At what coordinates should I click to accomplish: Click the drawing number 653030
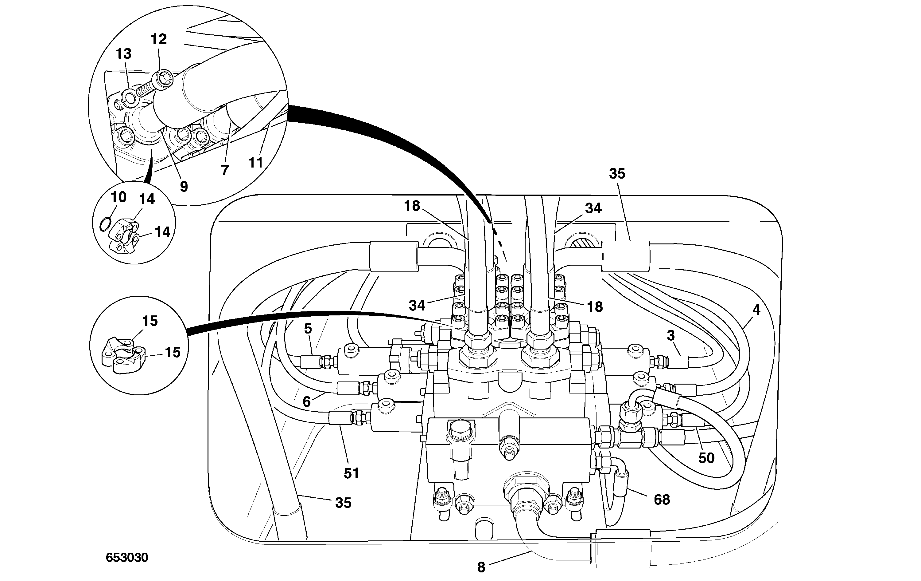127,558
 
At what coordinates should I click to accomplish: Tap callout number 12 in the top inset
159,39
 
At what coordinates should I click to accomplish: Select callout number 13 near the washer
123,54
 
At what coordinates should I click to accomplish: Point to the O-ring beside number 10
105,224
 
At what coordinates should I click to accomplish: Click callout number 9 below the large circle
184,187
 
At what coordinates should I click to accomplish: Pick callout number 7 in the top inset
225,170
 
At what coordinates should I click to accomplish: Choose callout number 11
255,163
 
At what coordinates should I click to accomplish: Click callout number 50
706,458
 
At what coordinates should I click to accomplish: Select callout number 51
351,473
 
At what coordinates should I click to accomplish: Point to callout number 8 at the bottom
481,567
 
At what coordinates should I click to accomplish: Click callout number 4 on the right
756,310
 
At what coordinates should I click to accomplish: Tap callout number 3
670,335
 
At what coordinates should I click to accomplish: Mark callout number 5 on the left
308,329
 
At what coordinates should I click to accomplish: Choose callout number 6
306,401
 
